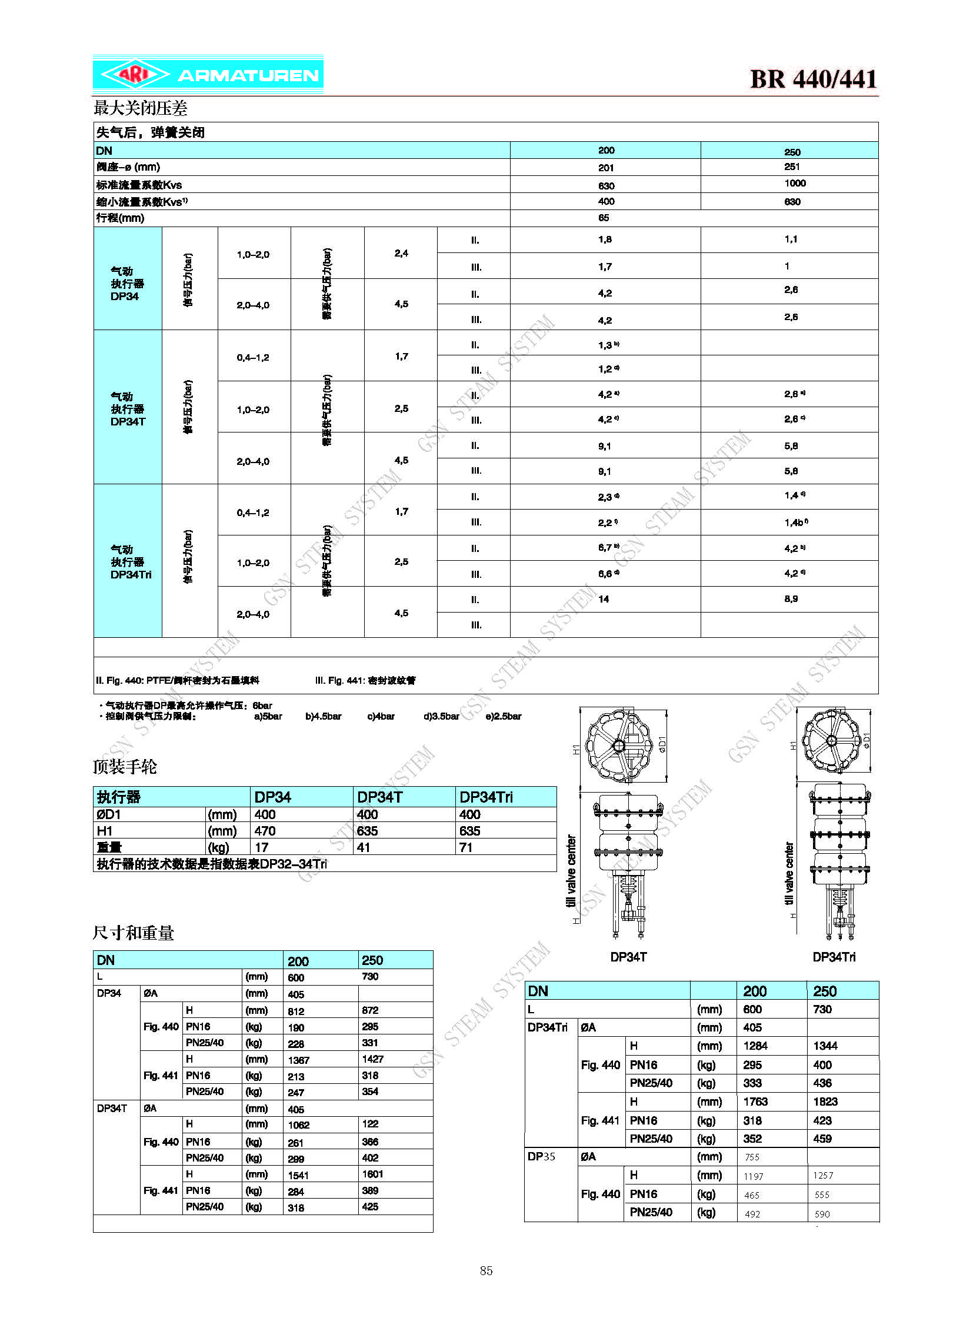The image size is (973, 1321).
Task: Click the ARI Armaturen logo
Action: (208, 75)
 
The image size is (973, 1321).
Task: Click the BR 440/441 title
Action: (813, 79)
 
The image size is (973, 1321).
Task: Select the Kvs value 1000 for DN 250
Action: (795, 183)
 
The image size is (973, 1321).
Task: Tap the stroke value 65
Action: (604, 218)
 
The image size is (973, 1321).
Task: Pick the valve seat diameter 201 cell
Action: (606, 168)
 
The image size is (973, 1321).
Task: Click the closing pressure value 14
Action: (604, 599)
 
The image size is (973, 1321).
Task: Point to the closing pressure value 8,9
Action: (791, 598)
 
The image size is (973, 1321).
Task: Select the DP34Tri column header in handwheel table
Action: (486, 797)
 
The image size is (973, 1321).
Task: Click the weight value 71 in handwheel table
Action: (466, 847)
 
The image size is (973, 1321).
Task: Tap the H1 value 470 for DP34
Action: (265, 831)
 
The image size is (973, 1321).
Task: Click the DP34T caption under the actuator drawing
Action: (628, 957)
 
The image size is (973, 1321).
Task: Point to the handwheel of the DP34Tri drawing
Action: (832, 741)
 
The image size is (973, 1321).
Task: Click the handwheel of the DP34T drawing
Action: (619, 746)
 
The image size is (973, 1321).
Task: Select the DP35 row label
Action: (541, 1156)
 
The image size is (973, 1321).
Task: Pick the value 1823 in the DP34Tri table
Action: (825, 1102)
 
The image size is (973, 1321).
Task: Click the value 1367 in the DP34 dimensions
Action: (299, 1060)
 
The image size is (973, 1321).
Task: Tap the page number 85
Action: (486, 1270)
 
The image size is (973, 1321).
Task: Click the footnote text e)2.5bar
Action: (504, 717)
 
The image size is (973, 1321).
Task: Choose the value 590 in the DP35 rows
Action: (822, 1214)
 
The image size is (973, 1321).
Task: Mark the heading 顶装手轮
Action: (125, 767)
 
